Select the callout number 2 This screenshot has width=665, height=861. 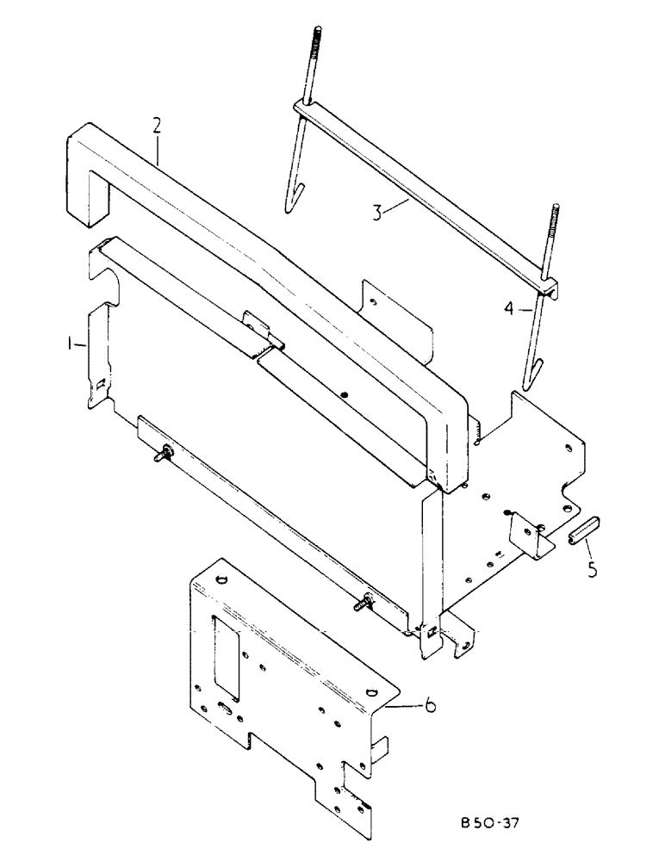point(156,126)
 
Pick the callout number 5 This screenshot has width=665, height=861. point(591,569)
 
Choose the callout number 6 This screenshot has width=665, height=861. point(429,707)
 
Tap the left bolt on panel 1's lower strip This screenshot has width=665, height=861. point(163,454)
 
